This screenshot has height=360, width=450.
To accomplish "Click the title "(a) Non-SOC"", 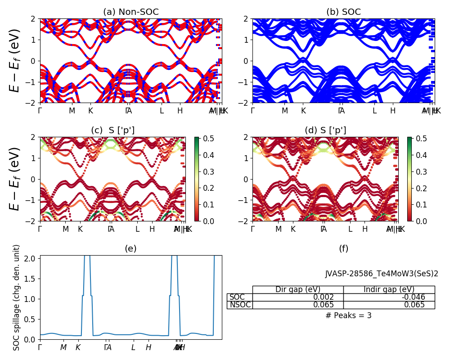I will click(131, 12).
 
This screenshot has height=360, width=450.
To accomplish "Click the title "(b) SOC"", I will click(343, 12).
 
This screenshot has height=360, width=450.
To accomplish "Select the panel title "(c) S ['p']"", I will click(112, 130).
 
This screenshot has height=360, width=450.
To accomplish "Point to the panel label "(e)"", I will click(130, 249).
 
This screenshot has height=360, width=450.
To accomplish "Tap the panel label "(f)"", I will click(343, 249).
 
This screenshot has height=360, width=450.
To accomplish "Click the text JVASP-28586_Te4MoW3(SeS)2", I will click(382, 274).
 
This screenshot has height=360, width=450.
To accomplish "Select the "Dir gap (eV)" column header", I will click(298, 289).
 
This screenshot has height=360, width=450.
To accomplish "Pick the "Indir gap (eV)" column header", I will click(389, 289).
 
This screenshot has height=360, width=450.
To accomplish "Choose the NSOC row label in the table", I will click(240, 305).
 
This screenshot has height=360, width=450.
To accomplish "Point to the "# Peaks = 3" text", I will click(348, 315).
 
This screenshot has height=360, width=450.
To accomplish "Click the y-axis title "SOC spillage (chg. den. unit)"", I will click(17, 297).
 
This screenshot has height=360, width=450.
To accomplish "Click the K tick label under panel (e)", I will click(78, 347).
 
